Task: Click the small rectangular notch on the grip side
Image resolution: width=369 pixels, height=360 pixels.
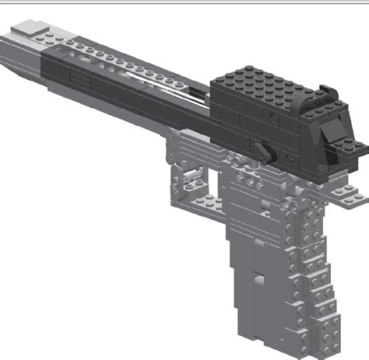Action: pos(258,273)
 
